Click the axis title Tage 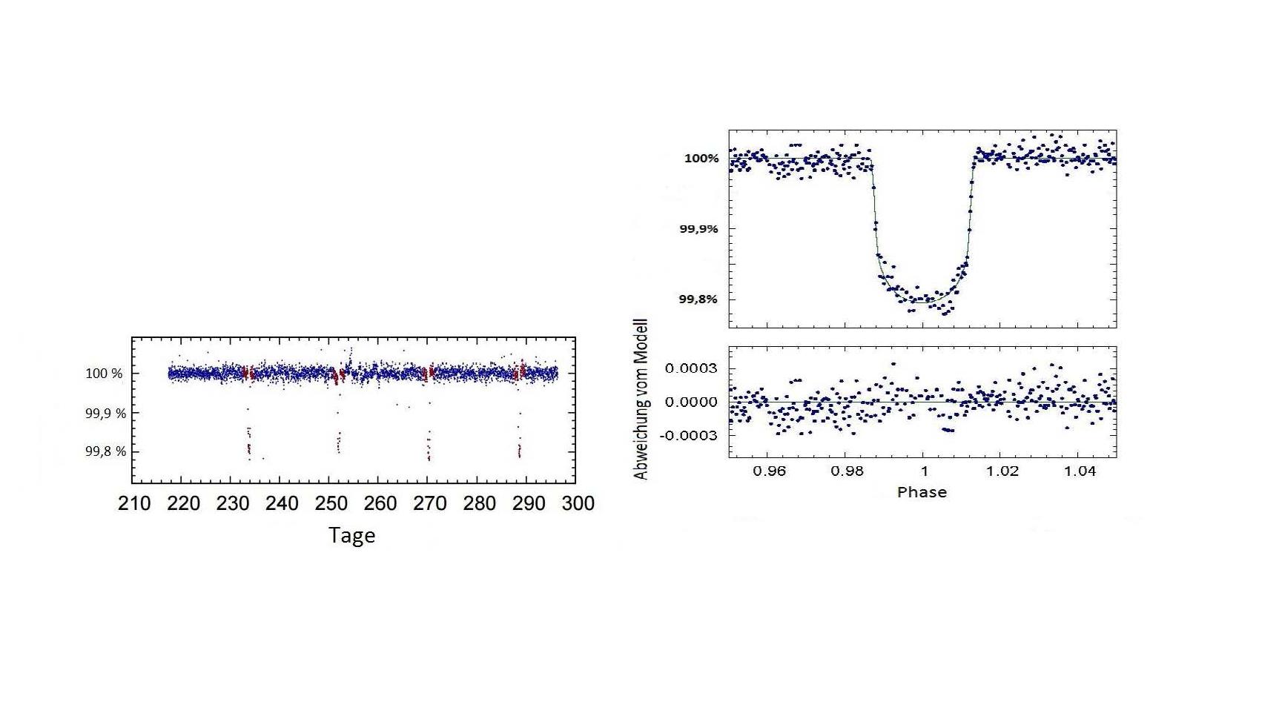[x=351, y=535]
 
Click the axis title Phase [x=922, y=492]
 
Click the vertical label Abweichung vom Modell [x=641, y=399]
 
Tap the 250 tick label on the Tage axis [x=331, y=504]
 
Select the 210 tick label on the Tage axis [x=134, y=504]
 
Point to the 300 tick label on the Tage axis [x=578, y=504]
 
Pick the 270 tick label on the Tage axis [x=429, y=504]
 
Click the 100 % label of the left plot [x=104, y=374]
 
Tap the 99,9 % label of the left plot [x=105, y=413]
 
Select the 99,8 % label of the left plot [x=105, y=451]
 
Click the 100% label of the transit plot [x=701, y=158]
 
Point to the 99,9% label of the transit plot [x=698, y=229]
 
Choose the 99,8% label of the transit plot [x=698, y=299]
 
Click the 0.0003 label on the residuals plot [x=690, y=368]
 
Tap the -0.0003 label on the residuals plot [x=688, y=435]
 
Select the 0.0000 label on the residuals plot [x=690, y=402]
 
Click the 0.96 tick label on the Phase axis [x=769, y=471]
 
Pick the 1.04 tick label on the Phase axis [x=1080, y=471]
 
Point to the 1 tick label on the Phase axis [x=924, y=471]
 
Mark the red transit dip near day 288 [x=519, y=448]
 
